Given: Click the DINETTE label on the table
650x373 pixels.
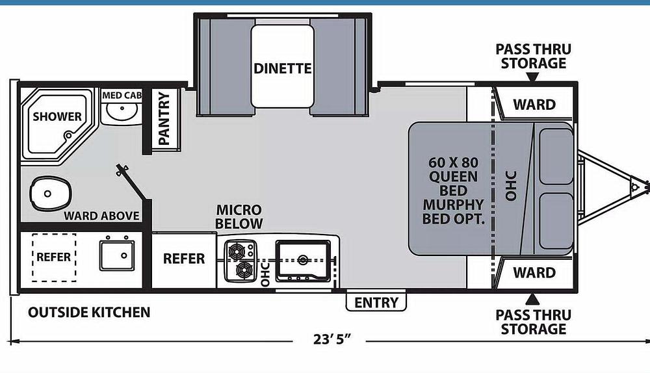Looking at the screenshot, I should (x=283, y=68).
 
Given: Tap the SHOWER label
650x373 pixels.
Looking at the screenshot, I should (x=58, y=117).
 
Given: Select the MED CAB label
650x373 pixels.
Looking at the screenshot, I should (x=122, y=96).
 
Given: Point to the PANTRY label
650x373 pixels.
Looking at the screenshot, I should (x=164, y=118).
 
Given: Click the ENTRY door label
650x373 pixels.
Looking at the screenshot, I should (x=376, y=302).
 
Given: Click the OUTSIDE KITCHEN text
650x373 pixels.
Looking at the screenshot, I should (x=89, y=313).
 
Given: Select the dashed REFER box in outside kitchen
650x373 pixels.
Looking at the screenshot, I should (x=53, y=257).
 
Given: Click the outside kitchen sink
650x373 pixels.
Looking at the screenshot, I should (x=117, y=255).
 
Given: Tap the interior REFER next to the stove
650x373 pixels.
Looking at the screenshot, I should (x=184, y=259).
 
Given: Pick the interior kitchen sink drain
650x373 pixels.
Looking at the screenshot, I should (x=303, y=260).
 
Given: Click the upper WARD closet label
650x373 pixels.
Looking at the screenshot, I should (x=534, y=105).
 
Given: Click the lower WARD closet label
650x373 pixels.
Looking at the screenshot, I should (x=534, y=272).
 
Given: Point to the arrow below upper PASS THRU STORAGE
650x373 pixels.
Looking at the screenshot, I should (x=532, y=77).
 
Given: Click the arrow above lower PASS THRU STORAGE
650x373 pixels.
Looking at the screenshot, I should (x=532, y=299).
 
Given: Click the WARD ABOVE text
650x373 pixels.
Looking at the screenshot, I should (x=101, y=216).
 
